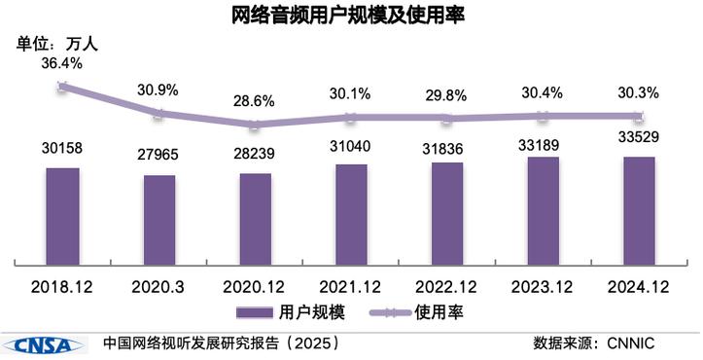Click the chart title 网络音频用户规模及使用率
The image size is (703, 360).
(x=351, y=16)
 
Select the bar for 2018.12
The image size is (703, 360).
(x=62, y=215)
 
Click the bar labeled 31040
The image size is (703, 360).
(x=351, y=213)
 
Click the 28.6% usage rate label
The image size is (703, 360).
(x=255, y=101)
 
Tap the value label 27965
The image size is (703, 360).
(x=158, y=155)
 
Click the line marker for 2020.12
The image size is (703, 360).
(x=255, y=125)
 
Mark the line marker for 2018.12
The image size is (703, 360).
(x=62, y=87)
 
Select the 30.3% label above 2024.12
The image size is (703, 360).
(x=639, y=93)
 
